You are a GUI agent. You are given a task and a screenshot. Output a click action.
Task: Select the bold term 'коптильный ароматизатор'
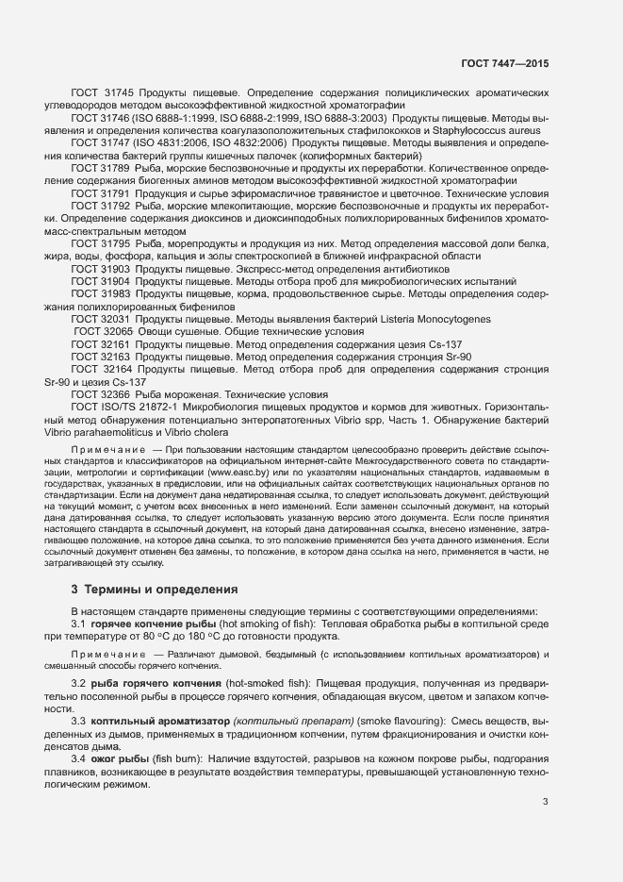pos(157,721)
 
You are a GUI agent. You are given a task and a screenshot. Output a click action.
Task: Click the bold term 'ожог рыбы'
pos(120,759)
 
